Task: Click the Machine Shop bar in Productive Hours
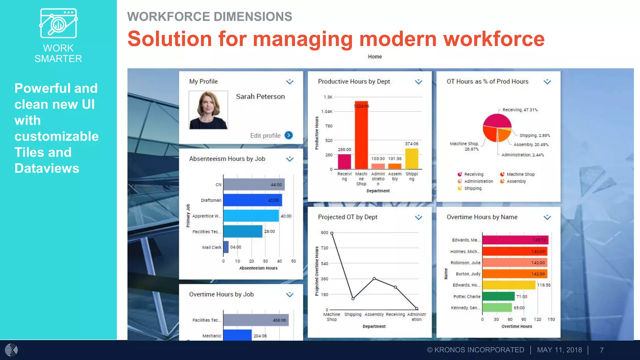click(361, 135)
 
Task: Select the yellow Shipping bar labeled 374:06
click(412, 158)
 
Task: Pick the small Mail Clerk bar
click(226, 247)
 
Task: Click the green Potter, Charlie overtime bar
click(498, 296)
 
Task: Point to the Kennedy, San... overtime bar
click(497, 307)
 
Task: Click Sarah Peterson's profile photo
click(208, 110)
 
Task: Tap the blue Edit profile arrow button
click(289, 135)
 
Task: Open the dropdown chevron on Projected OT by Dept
click(418, 217)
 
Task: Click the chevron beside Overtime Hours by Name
click(547, 217)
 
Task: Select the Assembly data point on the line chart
click(374, 278)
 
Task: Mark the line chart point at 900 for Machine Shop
click(332, 233)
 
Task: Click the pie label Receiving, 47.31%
click(520, 110)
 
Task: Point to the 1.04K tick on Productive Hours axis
click(327, 112)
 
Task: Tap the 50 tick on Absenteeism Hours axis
click(293, 261)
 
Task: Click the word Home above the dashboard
click(375, 57)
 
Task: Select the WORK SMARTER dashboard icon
click(58, 23)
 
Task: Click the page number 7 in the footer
click(602, 350)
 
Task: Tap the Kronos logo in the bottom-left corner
click(11, 350)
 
